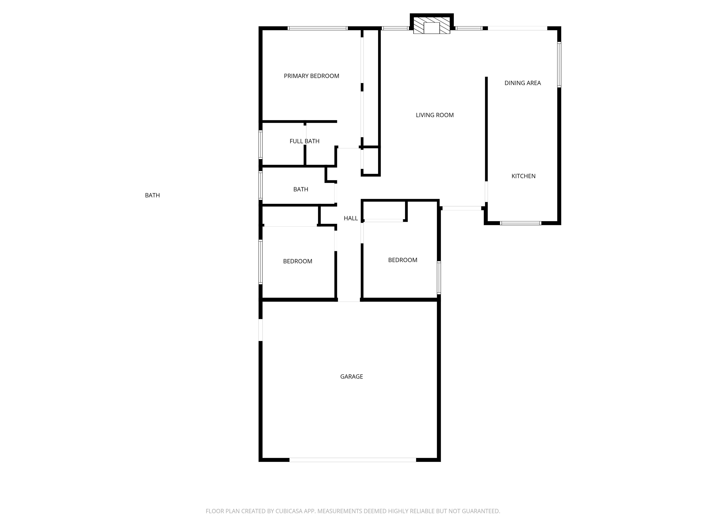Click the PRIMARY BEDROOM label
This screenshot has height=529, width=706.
pos(311,76)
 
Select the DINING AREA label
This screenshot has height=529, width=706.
pos(522,83)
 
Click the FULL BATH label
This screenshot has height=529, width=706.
pos(304,141)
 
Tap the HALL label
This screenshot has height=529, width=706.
pos(350,218)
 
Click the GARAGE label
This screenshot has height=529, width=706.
pos(351,377)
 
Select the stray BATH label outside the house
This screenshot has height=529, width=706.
pos(152,195)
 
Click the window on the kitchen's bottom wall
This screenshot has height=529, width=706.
pos(520,223)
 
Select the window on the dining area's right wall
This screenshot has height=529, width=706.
pos(559,65)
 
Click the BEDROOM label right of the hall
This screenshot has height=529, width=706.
pos(402,260)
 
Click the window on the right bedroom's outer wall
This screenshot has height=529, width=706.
pos(439,277)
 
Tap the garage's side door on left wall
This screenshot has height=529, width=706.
pos(260,330)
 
